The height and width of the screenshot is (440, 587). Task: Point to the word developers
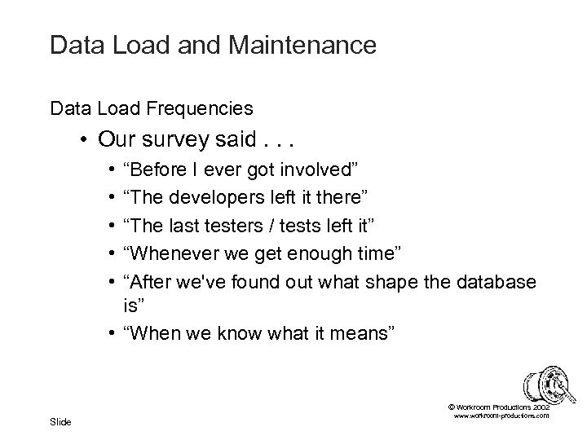point(232,196)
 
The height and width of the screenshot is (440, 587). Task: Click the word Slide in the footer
point(60,421)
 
